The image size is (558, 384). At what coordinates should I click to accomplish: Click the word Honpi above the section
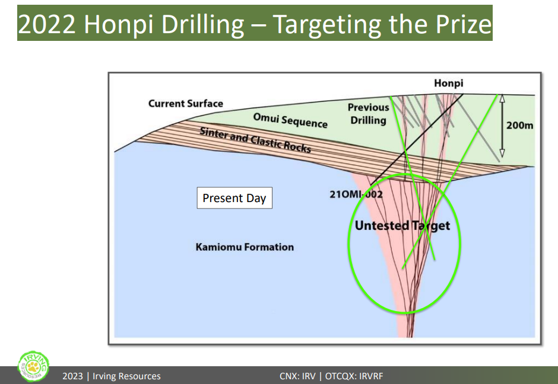[448, 84]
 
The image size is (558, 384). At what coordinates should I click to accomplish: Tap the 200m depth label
[519, 126]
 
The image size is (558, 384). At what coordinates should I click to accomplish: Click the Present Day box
[234, 198]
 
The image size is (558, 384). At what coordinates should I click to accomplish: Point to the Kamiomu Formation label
[245, 247]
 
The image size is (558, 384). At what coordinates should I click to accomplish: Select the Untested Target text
[402, 226]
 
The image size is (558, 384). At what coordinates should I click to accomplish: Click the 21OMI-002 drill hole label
[356, 194]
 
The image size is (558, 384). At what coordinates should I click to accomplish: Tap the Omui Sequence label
[290, 121]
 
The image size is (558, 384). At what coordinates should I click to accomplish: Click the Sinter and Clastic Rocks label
[255, 140]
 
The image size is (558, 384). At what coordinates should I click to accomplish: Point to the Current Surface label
[186, 103]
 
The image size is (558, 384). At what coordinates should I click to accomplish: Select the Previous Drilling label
[368, 114]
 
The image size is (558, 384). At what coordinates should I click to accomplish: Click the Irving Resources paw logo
[33, 367]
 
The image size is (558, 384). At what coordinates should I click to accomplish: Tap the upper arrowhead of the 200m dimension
[502, 98]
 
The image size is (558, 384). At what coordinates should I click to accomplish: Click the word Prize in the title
[464, 24]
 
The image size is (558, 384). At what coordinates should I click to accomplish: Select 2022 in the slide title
[47, 24]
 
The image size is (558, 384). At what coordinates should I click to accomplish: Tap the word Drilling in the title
[202, 24]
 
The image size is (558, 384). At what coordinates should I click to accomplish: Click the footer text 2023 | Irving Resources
[112, 376]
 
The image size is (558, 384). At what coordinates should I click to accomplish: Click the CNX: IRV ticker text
[297, 376]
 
